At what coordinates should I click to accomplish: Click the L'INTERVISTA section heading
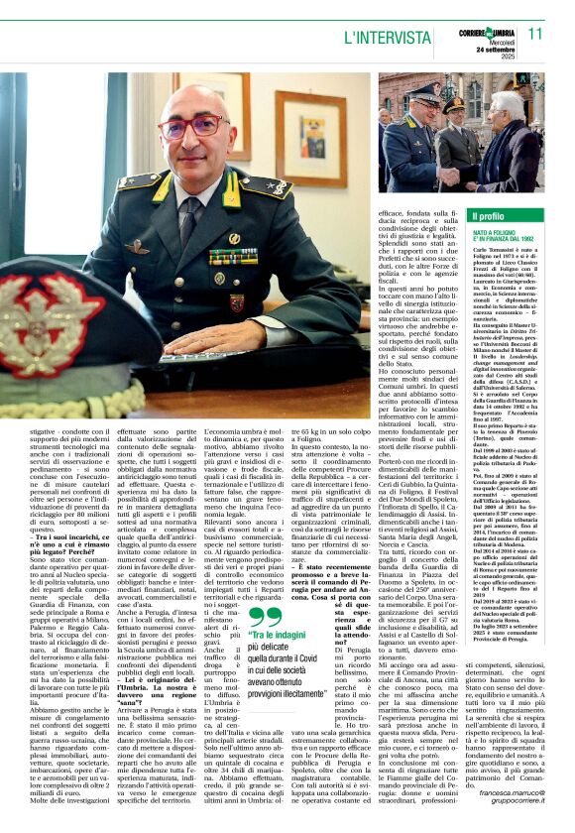click(387, 36)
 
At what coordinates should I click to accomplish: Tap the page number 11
click(534, 34)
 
